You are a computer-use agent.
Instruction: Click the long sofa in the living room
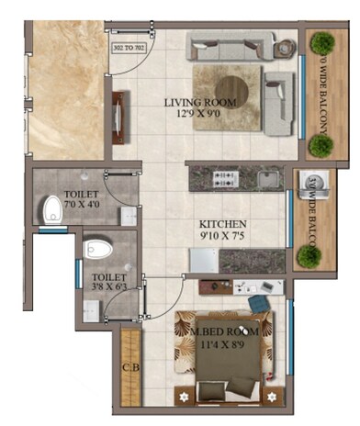coord(229,44)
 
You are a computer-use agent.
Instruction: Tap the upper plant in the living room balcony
coord(321,44)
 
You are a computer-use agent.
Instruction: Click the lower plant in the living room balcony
coord(320,144)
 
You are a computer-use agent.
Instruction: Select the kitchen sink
coord(268,177)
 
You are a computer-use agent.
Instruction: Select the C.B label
coord(129,370)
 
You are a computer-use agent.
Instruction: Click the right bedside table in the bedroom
coord(273,398)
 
